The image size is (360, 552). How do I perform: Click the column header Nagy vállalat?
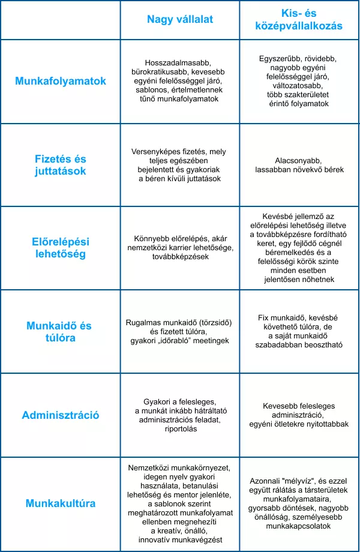click(180, 20)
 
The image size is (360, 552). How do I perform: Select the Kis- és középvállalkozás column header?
click(299, 20)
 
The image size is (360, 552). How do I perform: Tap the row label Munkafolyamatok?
click(61, 81)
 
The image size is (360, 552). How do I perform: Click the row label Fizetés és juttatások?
click(61, 165)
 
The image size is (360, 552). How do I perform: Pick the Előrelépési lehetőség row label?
click(61, 248)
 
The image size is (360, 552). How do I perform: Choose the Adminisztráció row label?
click(61, 415)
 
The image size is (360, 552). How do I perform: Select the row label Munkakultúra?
click(61, 503)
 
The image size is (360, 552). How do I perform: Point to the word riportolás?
click(180, 429)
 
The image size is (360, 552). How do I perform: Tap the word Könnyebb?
click(148, 239)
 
